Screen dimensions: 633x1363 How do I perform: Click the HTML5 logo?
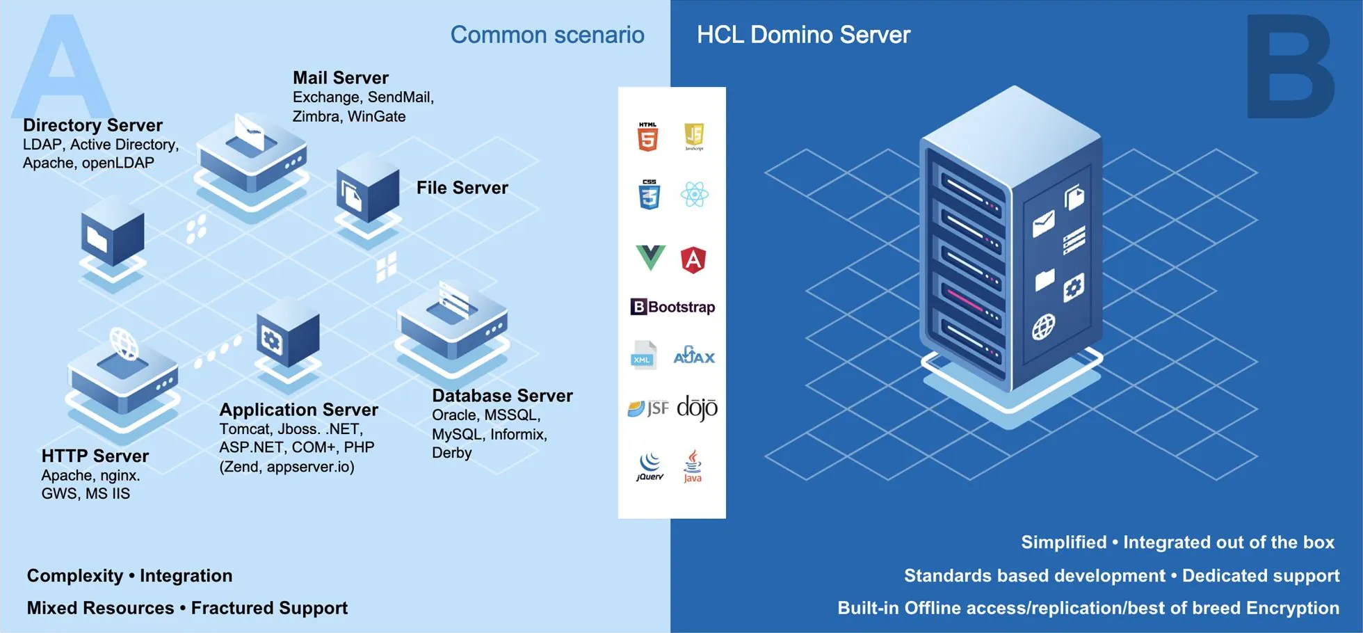647,136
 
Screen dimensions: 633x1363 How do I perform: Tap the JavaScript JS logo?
694,136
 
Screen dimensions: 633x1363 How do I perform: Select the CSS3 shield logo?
649,194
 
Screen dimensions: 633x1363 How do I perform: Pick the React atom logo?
694,195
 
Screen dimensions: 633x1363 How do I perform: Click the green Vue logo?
650,257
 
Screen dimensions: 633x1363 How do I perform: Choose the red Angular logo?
693,259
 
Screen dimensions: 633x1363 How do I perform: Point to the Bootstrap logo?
672,307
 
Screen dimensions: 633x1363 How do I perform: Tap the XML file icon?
643,355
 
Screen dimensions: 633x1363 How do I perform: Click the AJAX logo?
694,355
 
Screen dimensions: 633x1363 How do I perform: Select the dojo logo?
697,408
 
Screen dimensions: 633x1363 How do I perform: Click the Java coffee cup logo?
693,465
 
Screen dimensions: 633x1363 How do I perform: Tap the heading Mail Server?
340,78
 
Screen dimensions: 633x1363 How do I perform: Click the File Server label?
462,188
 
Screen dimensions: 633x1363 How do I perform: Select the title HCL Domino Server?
803,35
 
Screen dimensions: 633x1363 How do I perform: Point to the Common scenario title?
547,35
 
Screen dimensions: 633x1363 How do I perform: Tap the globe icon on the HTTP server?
124,344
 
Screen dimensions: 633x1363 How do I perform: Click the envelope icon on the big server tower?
1043,224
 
